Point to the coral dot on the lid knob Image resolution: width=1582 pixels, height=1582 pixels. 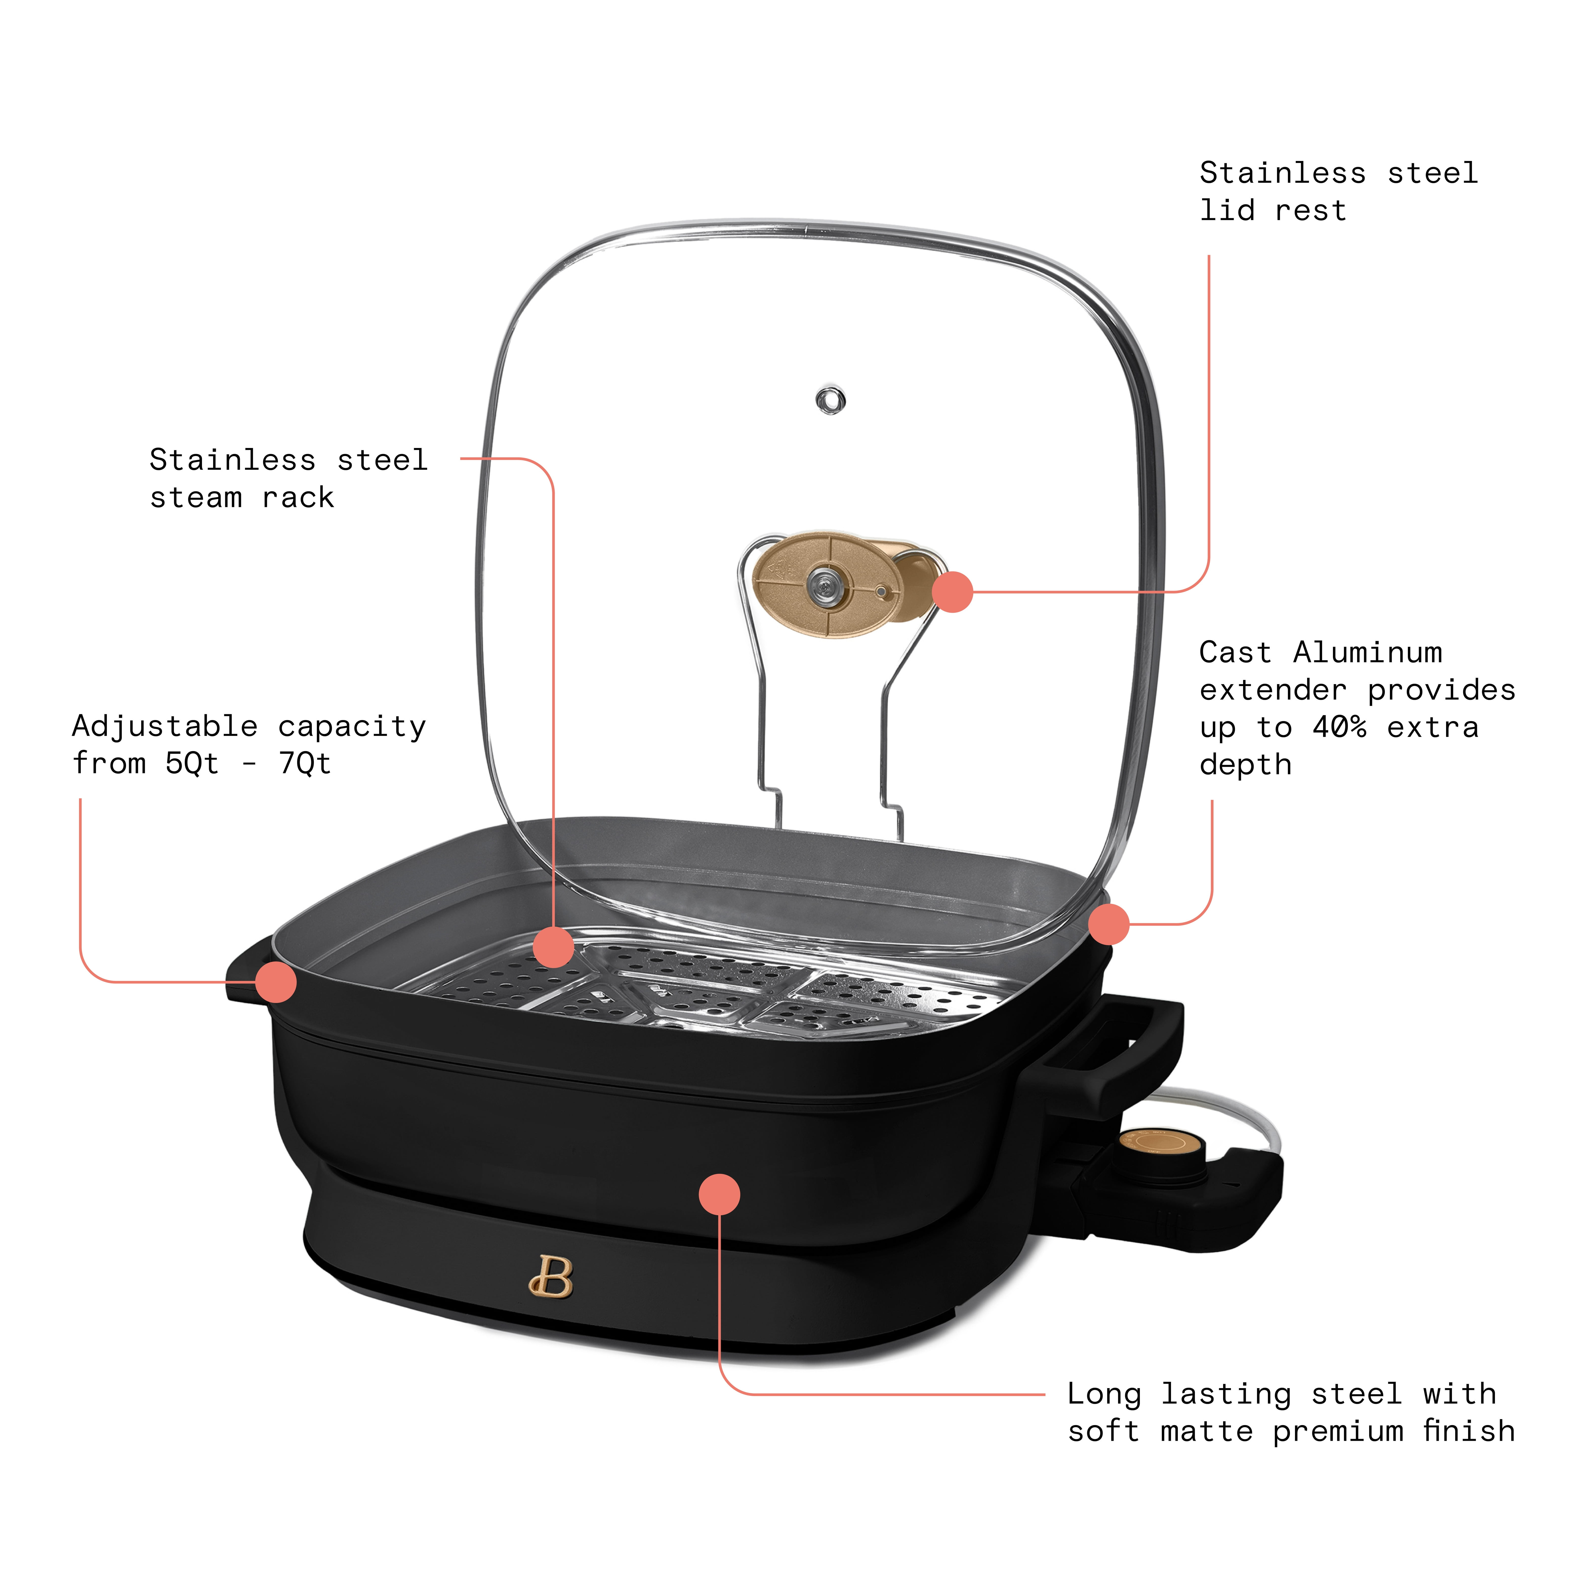tap(952, 591)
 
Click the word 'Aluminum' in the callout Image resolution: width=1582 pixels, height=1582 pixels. tap(1367, 653)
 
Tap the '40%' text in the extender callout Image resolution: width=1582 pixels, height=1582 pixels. tap(1340, 727)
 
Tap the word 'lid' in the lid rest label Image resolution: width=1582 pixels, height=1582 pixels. tap(1227, 211)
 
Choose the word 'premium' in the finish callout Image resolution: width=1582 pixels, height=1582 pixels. tap(1338, 1430)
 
